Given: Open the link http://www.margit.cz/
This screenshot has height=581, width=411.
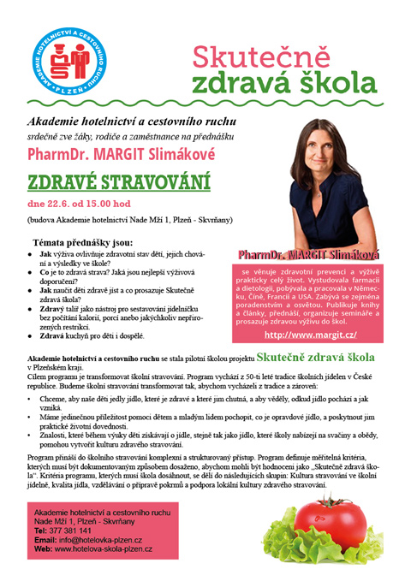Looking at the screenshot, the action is (x=310, y=335).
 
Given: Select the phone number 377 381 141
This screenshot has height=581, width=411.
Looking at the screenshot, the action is (x=74, y=531).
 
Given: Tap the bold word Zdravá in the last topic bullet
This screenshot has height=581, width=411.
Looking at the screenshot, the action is (x=54, y=337).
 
